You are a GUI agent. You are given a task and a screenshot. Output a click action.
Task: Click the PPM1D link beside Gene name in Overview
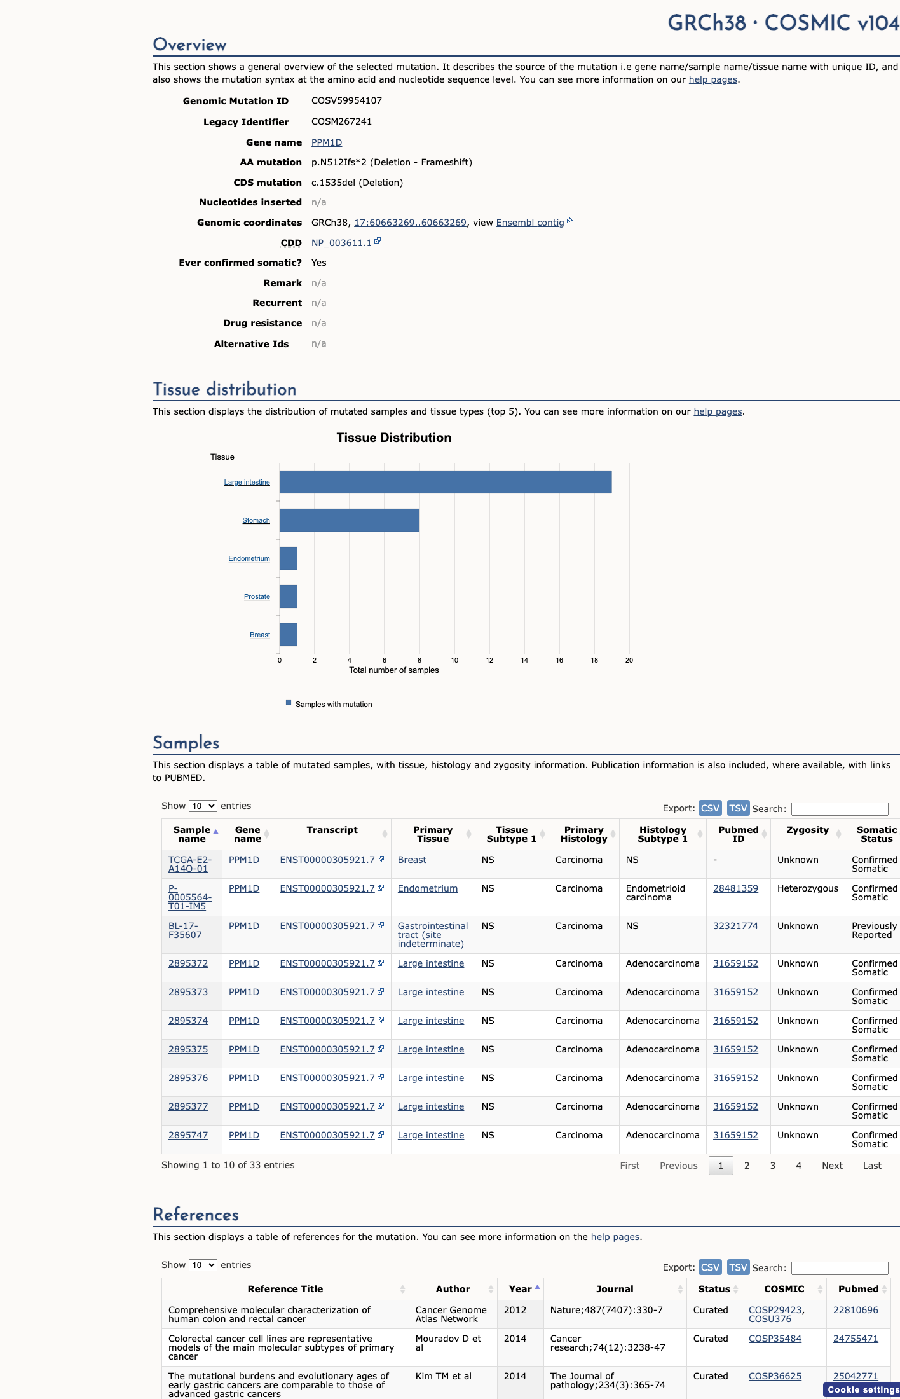pyautogui.click(x=327, y=142)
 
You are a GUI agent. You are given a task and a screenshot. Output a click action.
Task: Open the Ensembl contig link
pyautogui.click(x=530, y=223)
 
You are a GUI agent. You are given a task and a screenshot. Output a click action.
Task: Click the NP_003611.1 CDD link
pyautogui.click(x=341, y=243)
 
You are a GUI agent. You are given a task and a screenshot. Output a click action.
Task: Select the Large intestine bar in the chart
pyautogui.click(x=446, y=482)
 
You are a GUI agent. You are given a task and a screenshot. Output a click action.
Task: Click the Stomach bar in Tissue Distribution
pyautogui.click(x=350, y=520)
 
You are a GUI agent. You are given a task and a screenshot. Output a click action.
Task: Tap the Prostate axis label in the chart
pyautogui.click(x=257, y=596)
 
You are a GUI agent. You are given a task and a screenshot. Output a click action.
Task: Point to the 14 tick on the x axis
pyautogui.click(x=524, y=660)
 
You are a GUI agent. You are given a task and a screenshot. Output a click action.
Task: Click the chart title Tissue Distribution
pyautogui.click(x=394, y=438)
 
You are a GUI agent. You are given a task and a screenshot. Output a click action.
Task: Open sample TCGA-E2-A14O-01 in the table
pyautogui.click(x=189, y=864)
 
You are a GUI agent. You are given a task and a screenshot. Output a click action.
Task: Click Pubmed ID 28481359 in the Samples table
pyautogui.click(x=735, y=888)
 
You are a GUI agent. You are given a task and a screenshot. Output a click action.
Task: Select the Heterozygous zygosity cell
pyautogui.click(x=808, y=888)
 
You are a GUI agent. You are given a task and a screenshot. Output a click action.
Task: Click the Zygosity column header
pyautogui.click(x=808, y=830)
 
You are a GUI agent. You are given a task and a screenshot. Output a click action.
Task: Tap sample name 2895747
pyautogui.click(x=188, y=1135)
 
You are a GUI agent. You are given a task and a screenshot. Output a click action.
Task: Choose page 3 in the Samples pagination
pyautogui.click(x=773, y=1166)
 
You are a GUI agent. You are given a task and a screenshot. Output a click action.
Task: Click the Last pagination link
pyautogui.click(x=872, y=1166)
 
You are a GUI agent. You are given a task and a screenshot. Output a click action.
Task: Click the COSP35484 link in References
pyautogui.click(x=775, y=1339)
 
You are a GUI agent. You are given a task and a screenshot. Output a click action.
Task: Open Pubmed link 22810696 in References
pyautogui.click(x=856, y=1310)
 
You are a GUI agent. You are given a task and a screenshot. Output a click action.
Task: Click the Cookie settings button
pyautogui.click(x=862, y=1389)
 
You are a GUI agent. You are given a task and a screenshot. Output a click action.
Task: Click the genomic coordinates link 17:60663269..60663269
pyautogui.click(x=410, y=223)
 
